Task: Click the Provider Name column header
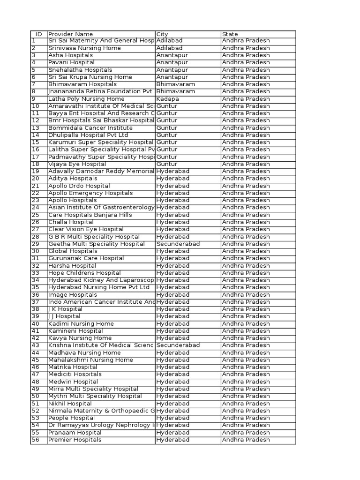(70, 34)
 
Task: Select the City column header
(162, 34)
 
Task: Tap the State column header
(230, 34)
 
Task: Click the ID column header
(38, 34)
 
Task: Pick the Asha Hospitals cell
(70, 55)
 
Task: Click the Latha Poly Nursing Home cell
(86, 99)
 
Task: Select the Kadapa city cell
(168, 99)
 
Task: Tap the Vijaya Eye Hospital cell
(77, 164)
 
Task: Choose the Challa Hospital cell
(71, 222)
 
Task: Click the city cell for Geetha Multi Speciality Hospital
(178, 244)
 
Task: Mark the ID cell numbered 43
(36, 345)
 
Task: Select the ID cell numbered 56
(36, 440)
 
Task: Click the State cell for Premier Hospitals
(246, 440)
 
